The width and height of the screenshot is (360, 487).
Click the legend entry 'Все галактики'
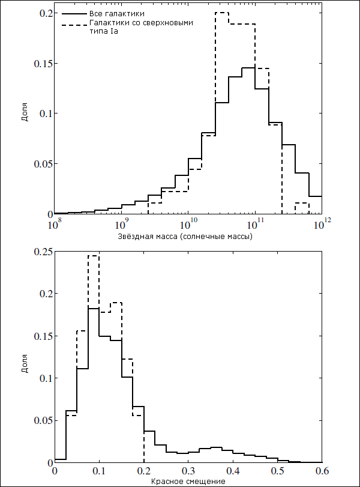[116, 14]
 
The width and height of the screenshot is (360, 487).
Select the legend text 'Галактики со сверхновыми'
[141, 23]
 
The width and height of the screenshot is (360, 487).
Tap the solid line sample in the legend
[74, 14]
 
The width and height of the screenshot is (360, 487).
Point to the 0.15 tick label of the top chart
[42, 64]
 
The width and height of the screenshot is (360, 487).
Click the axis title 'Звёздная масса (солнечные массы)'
[185, 237]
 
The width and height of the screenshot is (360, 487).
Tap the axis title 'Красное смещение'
[188, 482]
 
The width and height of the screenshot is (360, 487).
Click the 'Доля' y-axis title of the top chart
[25, 112]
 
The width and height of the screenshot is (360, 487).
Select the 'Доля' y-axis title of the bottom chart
[25, 363]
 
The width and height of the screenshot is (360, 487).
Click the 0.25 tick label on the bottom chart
[42, 251]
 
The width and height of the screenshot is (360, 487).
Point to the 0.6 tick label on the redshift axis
[322, 471]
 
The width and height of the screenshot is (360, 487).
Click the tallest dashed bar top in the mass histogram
[222, 13]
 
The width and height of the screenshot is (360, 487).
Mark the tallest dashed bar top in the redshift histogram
[94, 256]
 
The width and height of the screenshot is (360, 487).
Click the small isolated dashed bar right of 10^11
[302, 203]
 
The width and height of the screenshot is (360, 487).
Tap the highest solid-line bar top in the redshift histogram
[94, 308]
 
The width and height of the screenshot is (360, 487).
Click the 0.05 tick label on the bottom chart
[42, 420]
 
